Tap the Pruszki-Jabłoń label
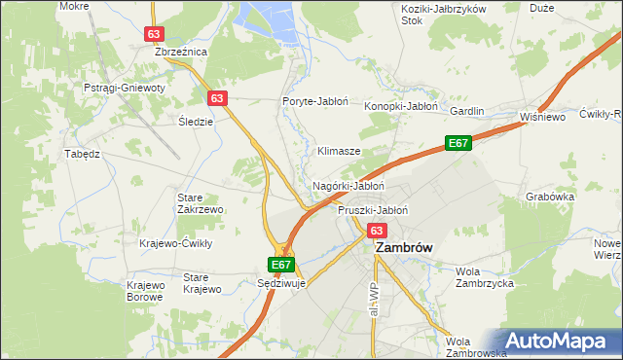(372, 210)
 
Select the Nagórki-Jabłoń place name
(348, 185)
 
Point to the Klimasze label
(339, 152)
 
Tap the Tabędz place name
(83, 154)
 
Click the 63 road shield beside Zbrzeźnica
(153, 33)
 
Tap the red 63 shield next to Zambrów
(378, 231)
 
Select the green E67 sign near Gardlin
(458, 143)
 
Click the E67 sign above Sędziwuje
(281, 264)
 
